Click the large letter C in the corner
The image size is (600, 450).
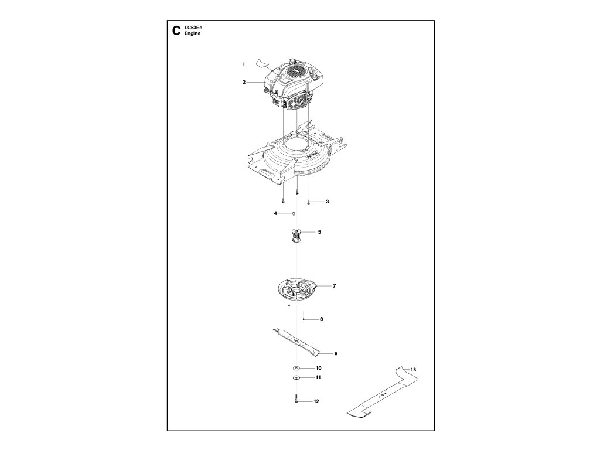coord(174,31)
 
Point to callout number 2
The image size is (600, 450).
coord(244,82)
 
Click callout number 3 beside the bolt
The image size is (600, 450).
coord(327,202)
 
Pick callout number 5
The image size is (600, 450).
coord(319,232)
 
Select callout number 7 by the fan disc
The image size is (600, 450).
coord(334,286)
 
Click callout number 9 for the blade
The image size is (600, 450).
coord(336,353)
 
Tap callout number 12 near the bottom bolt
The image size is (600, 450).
coord(317,402)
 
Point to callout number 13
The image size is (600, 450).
coord(413,370)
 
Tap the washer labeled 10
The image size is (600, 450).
coord(297,368)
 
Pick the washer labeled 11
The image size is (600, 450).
coord(297,379)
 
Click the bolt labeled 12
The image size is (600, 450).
coord(297,400)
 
